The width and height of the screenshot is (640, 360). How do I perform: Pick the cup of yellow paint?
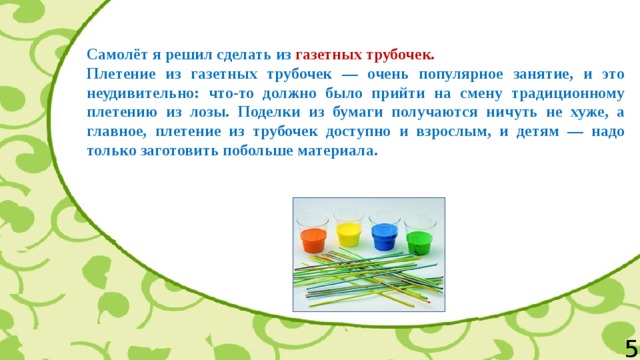[349, 232]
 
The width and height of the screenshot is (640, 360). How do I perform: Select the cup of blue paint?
[383, 234]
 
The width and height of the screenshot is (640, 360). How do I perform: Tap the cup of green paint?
[418, 236]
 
